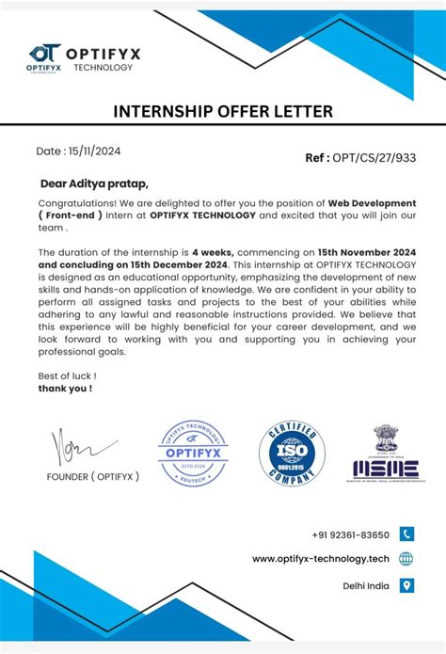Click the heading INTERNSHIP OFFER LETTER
223,112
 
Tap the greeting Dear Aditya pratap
94,183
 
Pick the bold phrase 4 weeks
213,253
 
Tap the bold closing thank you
65,387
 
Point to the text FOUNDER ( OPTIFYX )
93,476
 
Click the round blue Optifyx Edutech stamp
193,454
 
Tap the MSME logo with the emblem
386,455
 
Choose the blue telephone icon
406,534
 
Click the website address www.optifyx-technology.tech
321,559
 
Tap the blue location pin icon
406,585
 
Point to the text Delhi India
365,585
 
